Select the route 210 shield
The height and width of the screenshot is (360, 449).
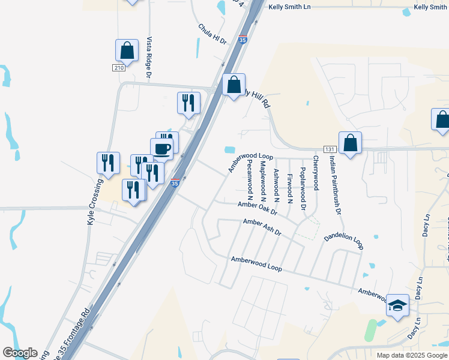119,68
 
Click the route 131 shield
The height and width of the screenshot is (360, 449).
328,149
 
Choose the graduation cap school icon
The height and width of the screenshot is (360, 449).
397,306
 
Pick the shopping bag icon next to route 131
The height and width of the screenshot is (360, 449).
350,143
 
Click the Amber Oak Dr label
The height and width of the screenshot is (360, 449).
257,208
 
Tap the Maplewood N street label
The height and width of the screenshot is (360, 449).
263,179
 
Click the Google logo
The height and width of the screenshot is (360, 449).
20,353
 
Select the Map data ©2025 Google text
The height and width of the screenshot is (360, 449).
412,355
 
